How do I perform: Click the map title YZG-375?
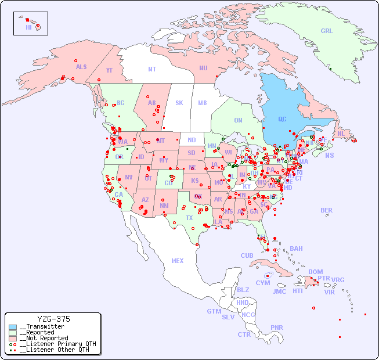[x=53, y=319]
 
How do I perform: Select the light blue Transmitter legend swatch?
[x=13, y=327]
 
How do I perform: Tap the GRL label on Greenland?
[x=327, y=31]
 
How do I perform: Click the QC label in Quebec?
[x=282, y=120]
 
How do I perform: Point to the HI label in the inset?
[x=28, y=27]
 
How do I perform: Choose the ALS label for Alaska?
[x=81, y=67]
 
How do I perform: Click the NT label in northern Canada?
[x=152, y=69]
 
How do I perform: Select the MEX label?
[x=178, y=261]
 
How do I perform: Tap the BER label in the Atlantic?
[x=327, y=210]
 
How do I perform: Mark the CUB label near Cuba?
[x=247, y=255]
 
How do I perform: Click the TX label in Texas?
[x=189, y=218]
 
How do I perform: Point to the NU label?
[x=203, y=68]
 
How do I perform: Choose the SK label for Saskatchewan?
[x=179, y=103]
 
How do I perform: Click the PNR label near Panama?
[x=277, y=327]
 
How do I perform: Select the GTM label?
[x=214, y=311]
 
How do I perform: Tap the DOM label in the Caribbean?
[x=315, y=272]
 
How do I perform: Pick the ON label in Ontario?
[x=238, y=120]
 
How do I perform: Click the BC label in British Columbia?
[x=120, y=103]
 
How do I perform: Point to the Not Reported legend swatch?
[x=13, y=338]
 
